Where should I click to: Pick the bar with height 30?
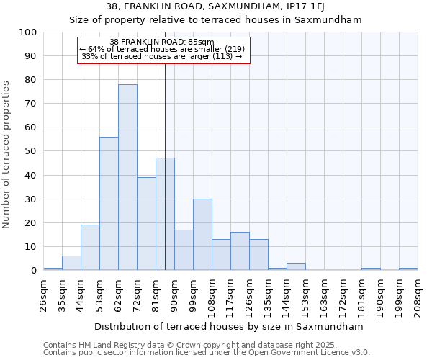(202, 235)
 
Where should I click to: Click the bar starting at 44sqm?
(90, 248)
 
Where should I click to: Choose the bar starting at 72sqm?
(146, 224)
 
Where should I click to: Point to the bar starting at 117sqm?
(240, 251)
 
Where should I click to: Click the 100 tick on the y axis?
(28, 32)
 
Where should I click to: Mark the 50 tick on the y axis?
(30, 151)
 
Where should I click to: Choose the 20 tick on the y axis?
(30, 223)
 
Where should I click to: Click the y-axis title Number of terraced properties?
(7, 155)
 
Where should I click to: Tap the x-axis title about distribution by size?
(228, 327)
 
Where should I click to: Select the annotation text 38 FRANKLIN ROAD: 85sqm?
(162, 42)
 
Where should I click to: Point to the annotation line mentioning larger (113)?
(162, 56)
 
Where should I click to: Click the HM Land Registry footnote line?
(190, 345)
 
